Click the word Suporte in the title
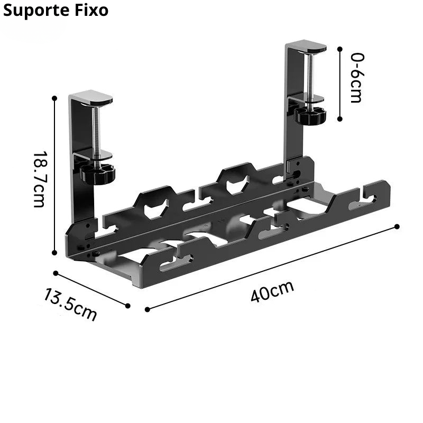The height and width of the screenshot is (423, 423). click(36, 11)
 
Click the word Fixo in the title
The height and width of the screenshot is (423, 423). click(91, 11)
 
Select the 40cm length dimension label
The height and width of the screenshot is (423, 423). click(272, 291)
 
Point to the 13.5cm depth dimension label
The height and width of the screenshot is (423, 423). click(70, 305)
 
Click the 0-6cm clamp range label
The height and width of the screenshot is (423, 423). click(357, 78)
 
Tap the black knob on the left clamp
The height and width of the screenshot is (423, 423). click(98, 174)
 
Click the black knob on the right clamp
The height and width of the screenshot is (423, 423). click(310, 115)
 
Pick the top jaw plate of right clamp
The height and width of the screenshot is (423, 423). click(307, 47)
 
